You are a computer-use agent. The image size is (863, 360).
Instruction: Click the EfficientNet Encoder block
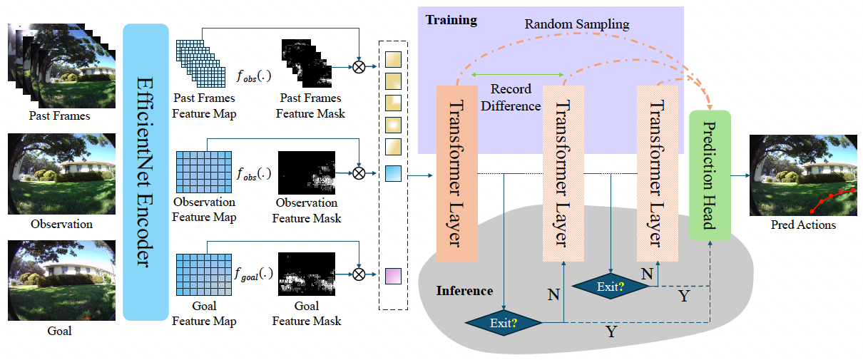145,172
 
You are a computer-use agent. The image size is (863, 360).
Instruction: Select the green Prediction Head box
710,175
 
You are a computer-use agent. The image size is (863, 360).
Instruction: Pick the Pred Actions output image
803,175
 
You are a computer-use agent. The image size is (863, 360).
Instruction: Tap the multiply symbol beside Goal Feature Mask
359,274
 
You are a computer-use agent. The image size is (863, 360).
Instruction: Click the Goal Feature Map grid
203,274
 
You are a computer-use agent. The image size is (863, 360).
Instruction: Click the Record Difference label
511,98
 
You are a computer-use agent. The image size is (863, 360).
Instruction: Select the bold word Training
451,19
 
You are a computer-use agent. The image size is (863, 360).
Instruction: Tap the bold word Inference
464,291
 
